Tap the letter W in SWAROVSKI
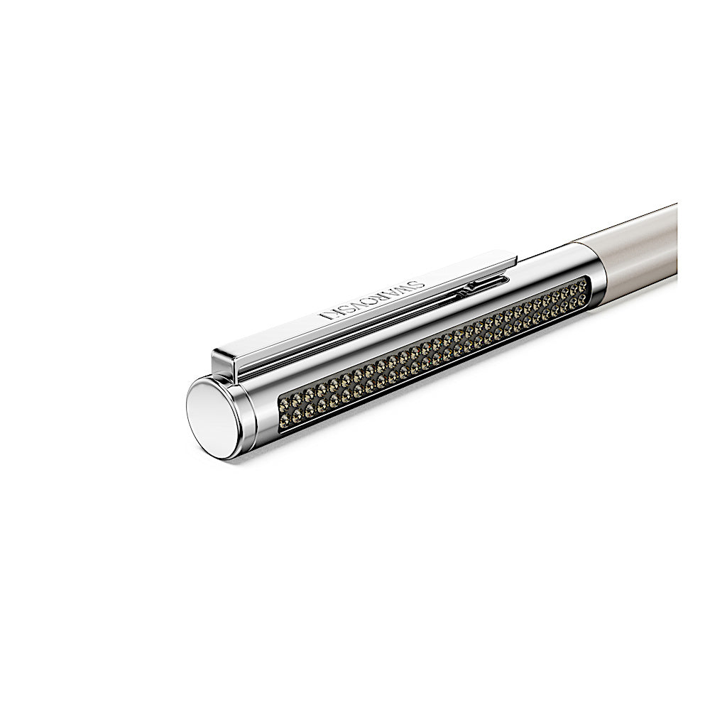tap(406, 288)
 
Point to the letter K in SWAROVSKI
tap(336, 313)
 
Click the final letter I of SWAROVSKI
tap(323, 317)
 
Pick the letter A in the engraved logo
tap(394, 293)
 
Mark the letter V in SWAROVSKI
tap(360, 305)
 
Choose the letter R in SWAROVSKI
tap(384, 297)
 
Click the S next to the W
tap(419, 285)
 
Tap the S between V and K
tap(348, 309)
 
